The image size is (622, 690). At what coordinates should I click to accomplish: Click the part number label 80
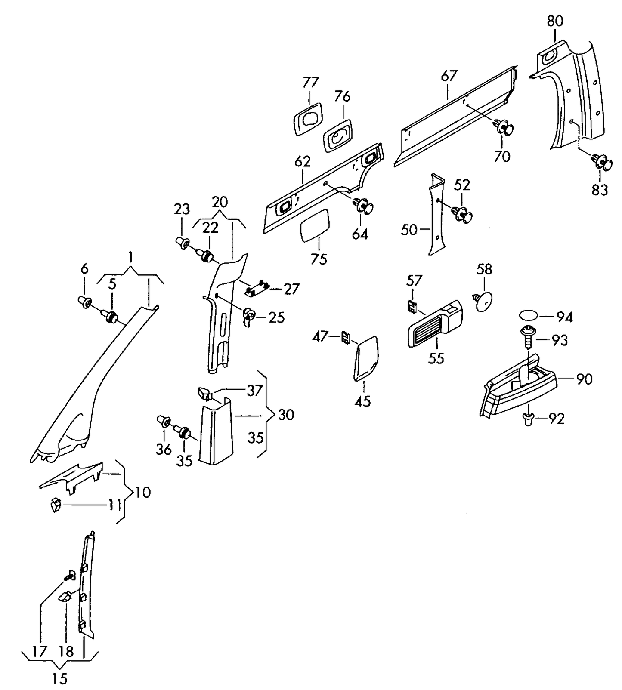coord(555,21)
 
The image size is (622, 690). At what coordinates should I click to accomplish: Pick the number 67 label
coord(449,76)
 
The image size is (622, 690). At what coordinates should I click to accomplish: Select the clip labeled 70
coord(504,127)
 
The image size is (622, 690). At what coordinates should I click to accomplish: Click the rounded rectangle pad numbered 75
coord(315,224)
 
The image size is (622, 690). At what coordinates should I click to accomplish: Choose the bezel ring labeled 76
coord(338,137)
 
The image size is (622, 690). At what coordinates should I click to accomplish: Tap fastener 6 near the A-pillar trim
coord(85,302)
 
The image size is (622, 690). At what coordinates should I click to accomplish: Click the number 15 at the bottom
coord(60,679)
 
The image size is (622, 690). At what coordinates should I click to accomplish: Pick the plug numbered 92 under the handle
coord(528,418)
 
